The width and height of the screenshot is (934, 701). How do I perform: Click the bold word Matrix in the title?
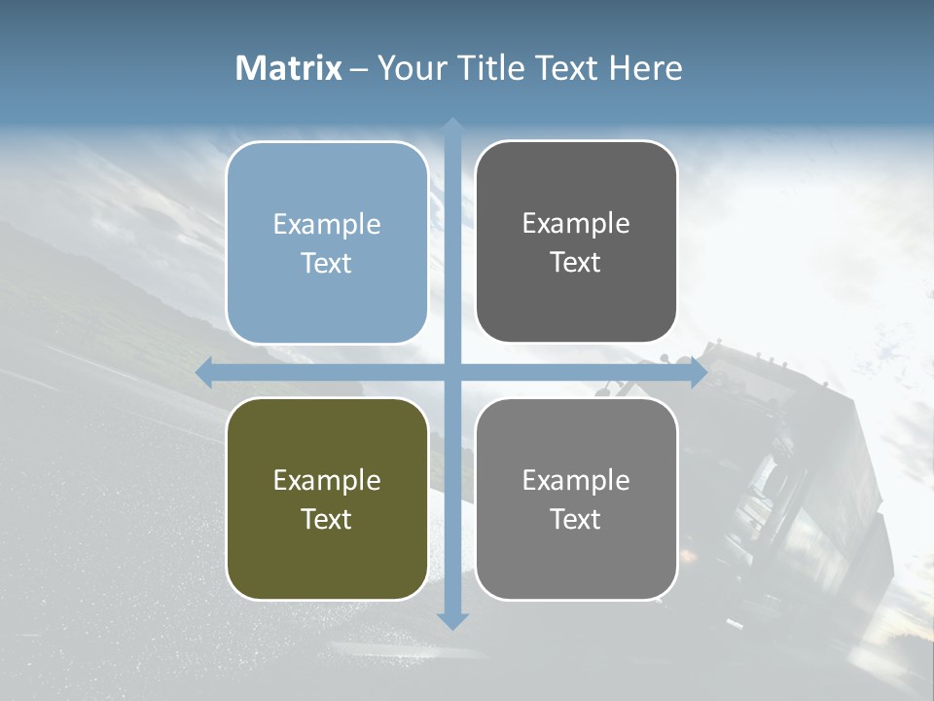tap(289, 67)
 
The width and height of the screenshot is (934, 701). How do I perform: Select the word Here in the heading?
tap(645, 67)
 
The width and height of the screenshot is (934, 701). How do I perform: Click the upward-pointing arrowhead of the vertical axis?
tap(452, 126)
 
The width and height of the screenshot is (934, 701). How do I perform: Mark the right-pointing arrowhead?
tap(699, 372)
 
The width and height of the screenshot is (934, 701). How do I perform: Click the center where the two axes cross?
tap(452, 372)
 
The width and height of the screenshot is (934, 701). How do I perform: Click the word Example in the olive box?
tap(327, 480)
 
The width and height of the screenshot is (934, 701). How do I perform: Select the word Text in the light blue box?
tap(327, 263)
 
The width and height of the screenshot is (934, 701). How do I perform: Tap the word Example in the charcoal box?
tap(576, 223)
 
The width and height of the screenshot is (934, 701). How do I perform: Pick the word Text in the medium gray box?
tap(576, 519)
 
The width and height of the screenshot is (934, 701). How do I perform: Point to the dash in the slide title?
tap(359, 68)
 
